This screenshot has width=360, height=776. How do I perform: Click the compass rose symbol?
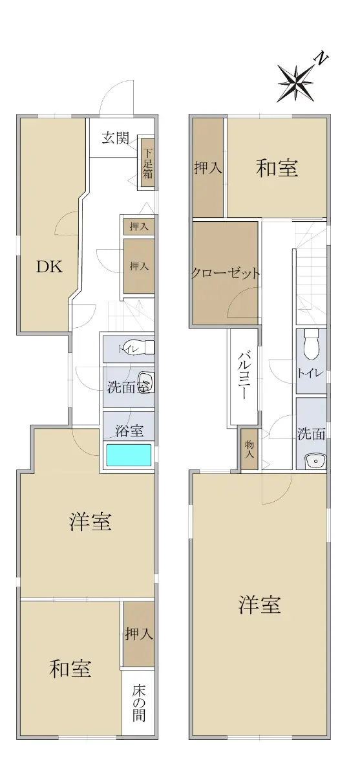[x=296, y=84]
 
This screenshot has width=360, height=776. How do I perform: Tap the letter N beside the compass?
[x=321, y=59]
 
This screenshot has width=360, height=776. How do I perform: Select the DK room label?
[x=50, y=267]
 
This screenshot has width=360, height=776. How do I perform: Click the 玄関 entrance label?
[x=115, y=138]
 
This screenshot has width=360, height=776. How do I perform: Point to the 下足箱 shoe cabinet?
[x=147, y=163]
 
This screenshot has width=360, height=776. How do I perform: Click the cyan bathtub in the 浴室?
[x=129, y=455]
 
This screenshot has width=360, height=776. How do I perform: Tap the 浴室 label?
[x=129, y=431]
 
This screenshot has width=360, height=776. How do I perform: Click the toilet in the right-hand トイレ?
[x=312, y=344]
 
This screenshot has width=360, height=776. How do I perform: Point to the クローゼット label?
[x=225, y=274]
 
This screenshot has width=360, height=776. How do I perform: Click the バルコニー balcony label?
[x=244, y=376]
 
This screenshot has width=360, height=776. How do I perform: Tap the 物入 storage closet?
[x=249, y=449]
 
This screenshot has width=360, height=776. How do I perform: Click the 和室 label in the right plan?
[x=277, y=167]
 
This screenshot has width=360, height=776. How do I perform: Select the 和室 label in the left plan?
[x=70, y=668]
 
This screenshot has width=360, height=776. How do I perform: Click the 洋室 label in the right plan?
[x=260, y=604]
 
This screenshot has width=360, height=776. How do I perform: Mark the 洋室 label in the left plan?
[x=90, y=521]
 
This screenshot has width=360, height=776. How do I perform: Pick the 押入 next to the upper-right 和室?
[x=207, y=167]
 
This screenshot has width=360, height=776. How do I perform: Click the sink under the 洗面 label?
[x=315, y=460]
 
